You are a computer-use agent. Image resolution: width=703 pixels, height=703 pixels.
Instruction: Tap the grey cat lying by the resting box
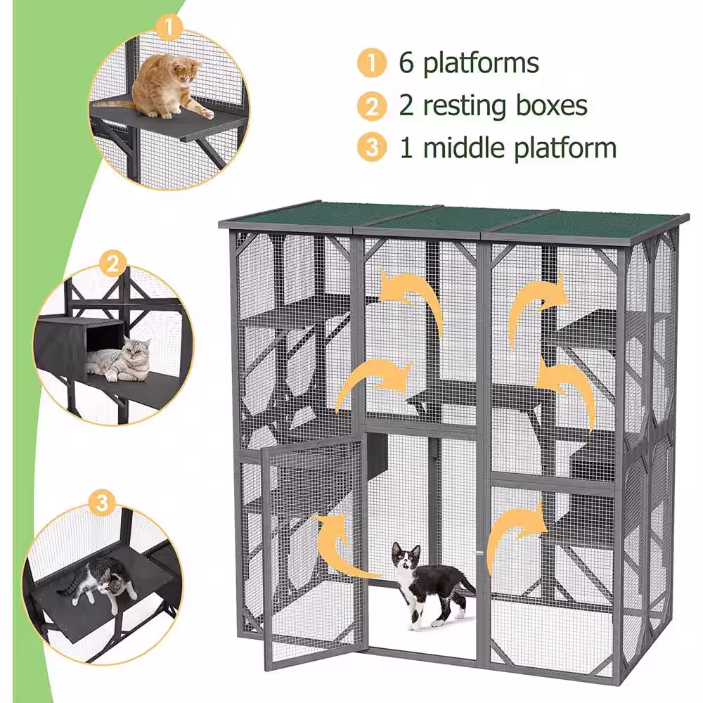(120, 359)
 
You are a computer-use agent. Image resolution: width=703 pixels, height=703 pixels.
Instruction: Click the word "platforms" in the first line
(481, 63)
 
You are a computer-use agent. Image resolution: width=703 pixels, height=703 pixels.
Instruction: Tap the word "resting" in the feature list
(465, 106)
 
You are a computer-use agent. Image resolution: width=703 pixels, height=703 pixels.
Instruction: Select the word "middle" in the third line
(465, 147)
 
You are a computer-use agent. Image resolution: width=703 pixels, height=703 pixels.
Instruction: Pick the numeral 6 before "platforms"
(406, 63)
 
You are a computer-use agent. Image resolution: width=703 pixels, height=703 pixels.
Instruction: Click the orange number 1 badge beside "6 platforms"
(372, 63)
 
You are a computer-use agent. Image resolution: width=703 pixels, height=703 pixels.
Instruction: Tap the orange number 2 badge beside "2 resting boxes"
(372, 106)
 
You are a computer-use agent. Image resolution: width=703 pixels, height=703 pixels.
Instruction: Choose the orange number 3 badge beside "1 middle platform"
(372, 148)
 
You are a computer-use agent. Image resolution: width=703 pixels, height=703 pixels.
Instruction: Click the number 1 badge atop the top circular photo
(169, 27)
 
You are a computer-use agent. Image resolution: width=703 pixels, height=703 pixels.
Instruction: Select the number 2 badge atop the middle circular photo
(112, 263)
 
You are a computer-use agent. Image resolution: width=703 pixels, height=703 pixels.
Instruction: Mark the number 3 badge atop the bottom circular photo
(102, 502)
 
